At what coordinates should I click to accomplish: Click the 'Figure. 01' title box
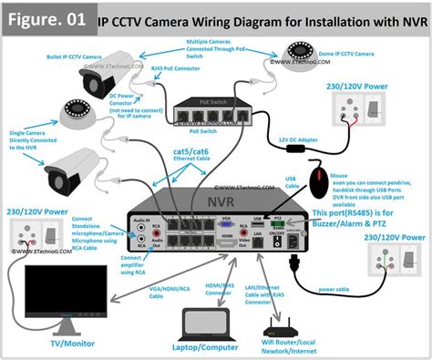tap(46, 17)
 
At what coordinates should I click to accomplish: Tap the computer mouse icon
tap(321, 181)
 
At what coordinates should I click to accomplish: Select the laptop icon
tap(207, 321)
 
